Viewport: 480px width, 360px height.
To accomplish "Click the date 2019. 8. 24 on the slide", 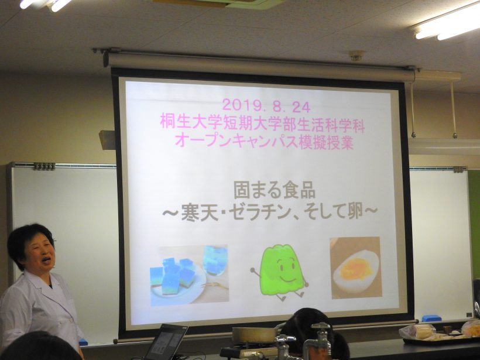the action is point(266,106).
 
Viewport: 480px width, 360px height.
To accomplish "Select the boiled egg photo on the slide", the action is point(356,268).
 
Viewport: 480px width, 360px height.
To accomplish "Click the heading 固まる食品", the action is point(275,190).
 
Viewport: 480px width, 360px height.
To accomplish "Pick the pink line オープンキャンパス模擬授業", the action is point(264,142).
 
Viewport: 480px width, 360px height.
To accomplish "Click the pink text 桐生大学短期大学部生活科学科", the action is point(262,125).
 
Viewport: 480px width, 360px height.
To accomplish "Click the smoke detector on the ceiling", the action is point(357,56).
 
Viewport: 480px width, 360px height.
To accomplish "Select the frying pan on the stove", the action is point(255,334).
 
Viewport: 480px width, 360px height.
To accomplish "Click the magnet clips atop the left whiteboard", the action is point(44,166).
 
